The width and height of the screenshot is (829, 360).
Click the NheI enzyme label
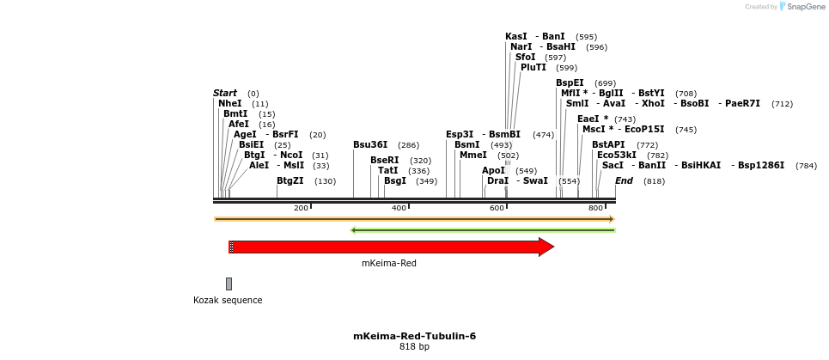tap(230, 103)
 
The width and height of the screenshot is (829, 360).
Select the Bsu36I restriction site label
tap(370, 144)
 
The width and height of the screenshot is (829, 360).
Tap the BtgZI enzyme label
tap(290, 180)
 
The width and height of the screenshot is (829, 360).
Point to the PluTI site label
tap(533, 67)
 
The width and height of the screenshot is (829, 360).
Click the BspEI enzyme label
tap(570, 82)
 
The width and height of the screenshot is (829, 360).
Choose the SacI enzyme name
tap(613, 165)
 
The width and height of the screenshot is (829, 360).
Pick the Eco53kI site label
tap(617, 155)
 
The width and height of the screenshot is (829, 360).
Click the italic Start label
tap(225, 93)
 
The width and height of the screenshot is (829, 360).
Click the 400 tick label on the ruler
tap(399, 208)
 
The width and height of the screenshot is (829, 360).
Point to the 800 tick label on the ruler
tap(595, 208)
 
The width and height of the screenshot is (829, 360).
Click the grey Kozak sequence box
tap(229, 284)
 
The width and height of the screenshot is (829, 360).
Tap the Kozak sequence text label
tap(228, 300)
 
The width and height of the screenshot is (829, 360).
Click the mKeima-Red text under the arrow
tap(389, 263)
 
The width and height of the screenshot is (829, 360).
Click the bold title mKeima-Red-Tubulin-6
tap(414, 336)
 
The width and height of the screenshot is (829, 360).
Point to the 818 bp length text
tap(414, 347)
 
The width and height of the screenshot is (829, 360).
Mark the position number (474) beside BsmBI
tap(543, 134)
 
